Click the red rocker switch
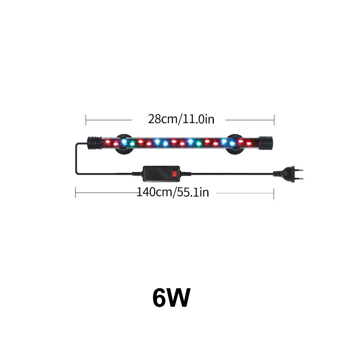pyautogui.click(x=175, y=174)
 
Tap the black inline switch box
pyautogui.click(x=161, y=174)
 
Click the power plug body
pyautogui.click(x=287, y=174)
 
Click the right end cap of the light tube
pyautogui.click(x=265, y=143)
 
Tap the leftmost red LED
pyautogui.click(x=107, y=142)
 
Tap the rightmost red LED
pyautogui.click(x=249, y=144)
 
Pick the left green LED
pyautogui.click(x=132, y=144)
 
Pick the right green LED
pyautogui.click(x=199, y=144)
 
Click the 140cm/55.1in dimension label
pyautogui.click(x=173, y=192)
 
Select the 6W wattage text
pyautogui.click(x=171, y=298)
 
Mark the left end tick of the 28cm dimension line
pyautogui.click(x=86, y=120)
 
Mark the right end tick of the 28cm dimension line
pyautogui.click(x=274, y=120)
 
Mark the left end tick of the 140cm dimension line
pyautogui.click(x=76, y=193)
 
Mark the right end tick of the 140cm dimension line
pyautogui.click(x=274, y=194)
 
